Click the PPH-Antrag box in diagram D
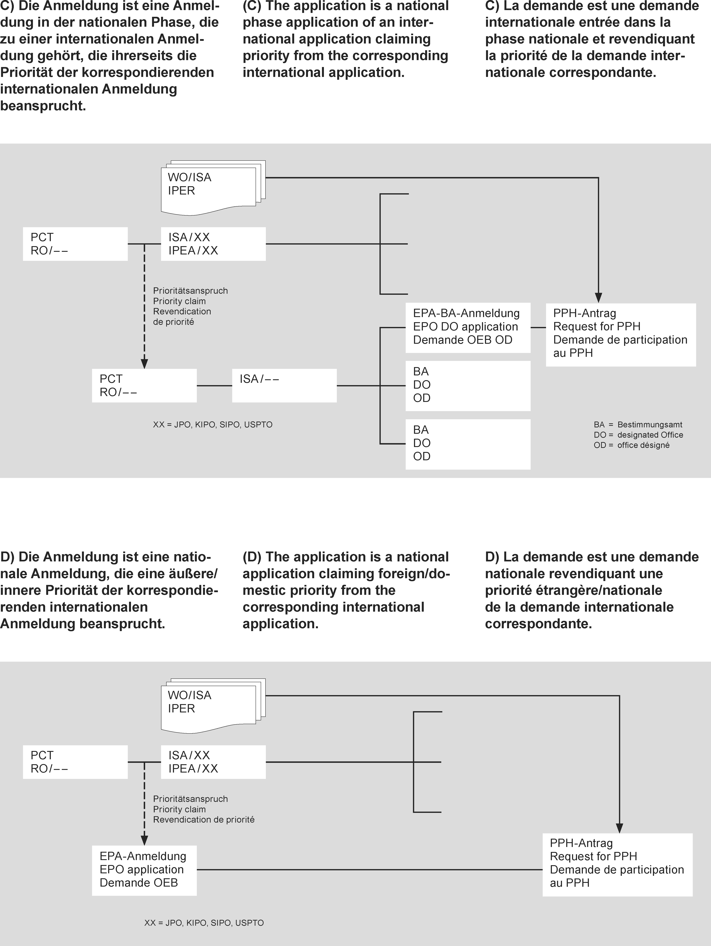(617, 864)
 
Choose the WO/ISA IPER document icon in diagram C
(213, 187)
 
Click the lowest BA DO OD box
(468, 444)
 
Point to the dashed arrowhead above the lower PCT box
(145, 364)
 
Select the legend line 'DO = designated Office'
(638, 435)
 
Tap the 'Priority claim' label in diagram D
(179, 809)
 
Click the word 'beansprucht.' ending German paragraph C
(43, 106)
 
